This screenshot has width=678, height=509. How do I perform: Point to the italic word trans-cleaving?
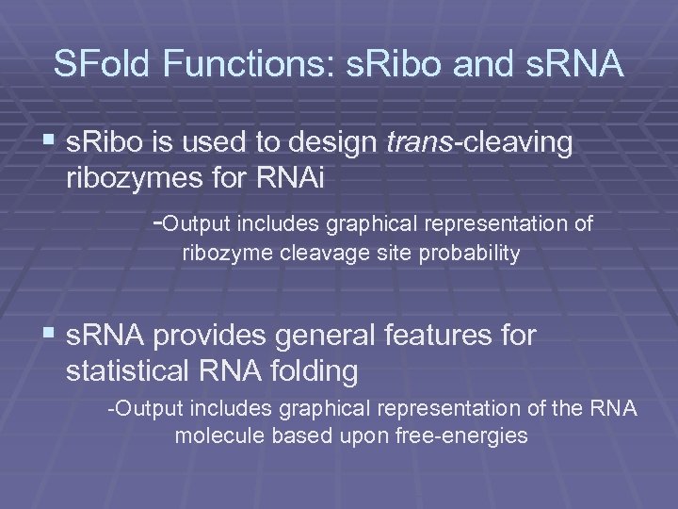tap(479, 143)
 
